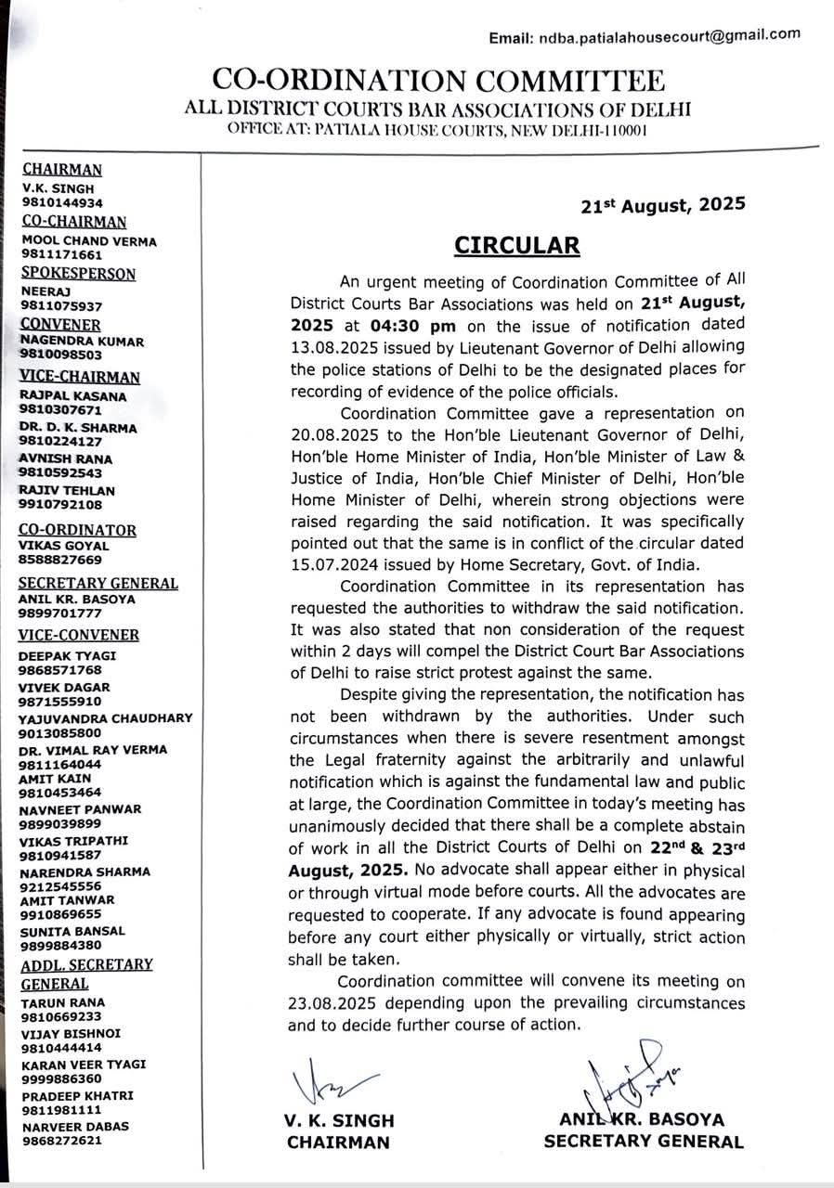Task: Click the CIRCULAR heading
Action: click(516, 245)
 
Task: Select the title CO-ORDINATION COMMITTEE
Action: click(437, 80)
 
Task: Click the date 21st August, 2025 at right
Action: click(660, 205)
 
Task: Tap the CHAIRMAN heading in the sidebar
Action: click(62, 170)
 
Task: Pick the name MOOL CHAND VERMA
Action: click(89, 241)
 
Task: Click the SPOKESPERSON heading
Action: click(78, 274)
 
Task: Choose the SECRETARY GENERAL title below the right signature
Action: click(643, 1142)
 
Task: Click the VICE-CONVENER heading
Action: click(79, 635)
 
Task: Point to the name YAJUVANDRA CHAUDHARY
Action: click(105, 717)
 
